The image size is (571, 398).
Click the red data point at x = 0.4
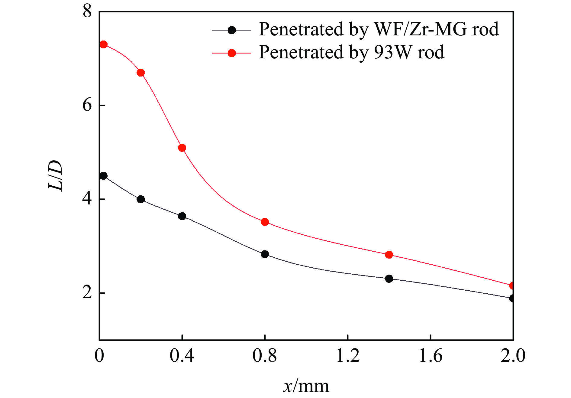[182, 148]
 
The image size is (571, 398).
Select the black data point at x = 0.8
[265, 254]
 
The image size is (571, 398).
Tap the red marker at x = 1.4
[389, 255]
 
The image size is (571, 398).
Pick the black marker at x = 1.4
[389, 279]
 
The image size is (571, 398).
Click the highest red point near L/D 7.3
[104, 44]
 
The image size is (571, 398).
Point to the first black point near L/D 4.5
[104, 176]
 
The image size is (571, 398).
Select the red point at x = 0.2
[141, 73]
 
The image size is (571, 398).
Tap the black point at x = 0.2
[141, 199]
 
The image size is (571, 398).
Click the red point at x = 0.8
[265, 222]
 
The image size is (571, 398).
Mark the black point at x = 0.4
[182, 216]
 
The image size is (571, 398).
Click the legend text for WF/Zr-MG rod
[378, 29]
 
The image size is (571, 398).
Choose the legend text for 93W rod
[351, 52]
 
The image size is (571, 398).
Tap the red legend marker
[232, 53]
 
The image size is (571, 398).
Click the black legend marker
[232, 30]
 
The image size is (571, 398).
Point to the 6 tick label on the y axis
[87, 105]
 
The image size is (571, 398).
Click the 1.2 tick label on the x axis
[348, 356]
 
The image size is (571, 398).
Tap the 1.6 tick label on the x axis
[431, 356]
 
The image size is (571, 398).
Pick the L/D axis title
[56, 175]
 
